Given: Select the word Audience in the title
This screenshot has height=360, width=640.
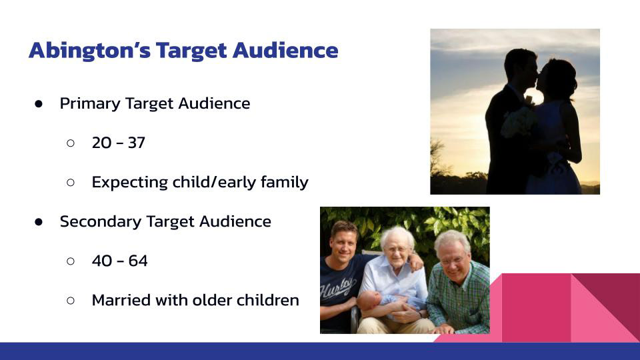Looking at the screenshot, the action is click(x=285, y=50).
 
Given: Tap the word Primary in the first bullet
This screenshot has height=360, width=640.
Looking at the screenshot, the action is click(x=90, y=104).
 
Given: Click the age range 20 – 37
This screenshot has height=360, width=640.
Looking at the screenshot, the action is click(x=119, y=143).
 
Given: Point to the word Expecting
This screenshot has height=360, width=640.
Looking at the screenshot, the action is click(x=130, y=183).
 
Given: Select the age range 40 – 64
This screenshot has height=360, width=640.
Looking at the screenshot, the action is click(x=119, y=261).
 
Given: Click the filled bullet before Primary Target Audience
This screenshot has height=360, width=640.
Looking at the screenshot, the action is click(x=39, y=104).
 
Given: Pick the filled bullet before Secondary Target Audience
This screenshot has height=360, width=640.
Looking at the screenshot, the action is click(x=39, y=221).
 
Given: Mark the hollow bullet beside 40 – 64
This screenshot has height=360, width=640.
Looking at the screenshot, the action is click(x=71, y=261).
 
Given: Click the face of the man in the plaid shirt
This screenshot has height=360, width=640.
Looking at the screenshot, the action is click(x=454, y=258).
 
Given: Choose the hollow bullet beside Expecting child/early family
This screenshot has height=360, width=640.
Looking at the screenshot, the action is click(x=71, y=183).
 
